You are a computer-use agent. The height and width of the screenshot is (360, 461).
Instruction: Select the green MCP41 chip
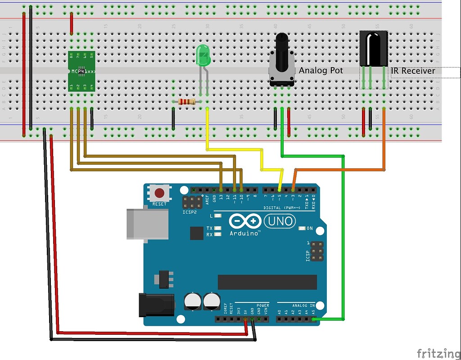pyautogui.click(x=81, y=71)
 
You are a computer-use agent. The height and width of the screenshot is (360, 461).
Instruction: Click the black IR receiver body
pyautogui.click(x=373, y=48)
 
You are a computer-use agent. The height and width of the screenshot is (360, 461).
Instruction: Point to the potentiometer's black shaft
pyautogui.click(x=282, y=45)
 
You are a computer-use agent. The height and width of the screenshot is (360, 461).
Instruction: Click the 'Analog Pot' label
pyautogui.click(x=321, y=71)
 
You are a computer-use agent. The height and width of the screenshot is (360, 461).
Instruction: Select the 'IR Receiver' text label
pyautogui.click(x=413, y=71)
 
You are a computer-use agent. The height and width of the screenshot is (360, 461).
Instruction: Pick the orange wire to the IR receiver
pyautogui.click(x=342, y=170)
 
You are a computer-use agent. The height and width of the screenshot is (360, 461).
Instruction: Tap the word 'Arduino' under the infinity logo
pyautogui.click(x=245, y=233)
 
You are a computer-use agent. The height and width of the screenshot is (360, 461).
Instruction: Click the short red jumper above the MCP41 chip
pyautogui.click(x=71, y=24)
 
